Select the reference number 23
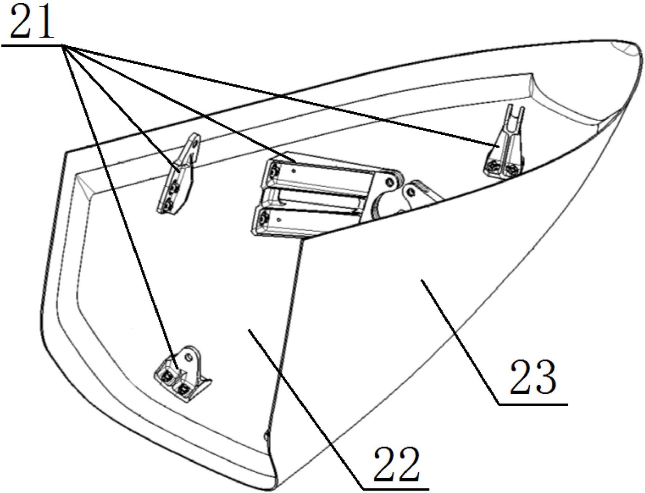[533, 378]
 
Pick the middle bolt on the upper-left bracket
[175, 187]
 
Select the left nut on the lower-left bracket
[167, 376]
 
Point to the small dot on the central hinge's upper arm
[294, 171]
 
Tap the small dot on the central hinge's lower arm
[279, 219]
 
